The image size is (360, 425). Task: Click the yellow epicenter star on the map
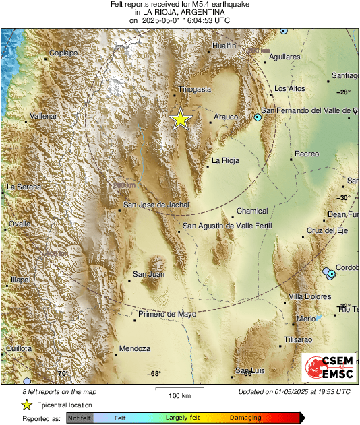181,119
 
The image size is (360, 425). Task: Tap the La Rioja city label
225,160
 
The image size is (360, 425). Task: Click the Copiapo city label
65,53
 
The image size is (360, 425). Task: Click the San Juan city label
148,274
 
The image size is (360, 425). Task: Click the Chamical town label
252,211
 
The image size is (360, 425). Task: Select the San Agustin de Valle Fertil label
227,226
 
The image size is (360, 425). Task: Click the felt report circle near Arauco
258,117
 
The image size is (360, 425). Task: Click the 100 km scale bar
179,389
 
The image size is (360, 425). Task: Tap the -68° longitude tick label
155,374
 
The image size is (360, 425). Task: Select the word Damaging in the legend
245,418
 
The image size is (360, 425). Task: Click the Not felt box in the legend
80,418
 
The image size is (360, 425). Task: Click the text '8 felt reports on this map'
59,391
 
